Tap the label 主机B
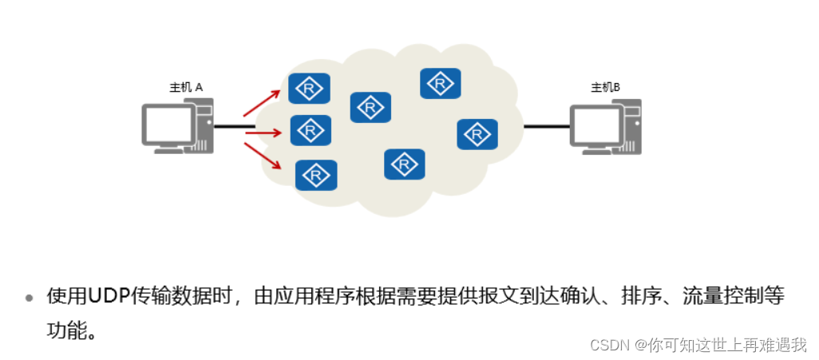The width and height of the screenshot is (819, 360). pos(605,87)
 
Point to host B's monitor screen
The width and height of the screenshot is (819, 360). pos(595,125)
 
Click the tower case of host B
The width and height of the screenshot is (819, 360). pos(631,126)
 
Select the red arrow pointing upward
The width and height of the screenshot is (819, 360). pos(261,104)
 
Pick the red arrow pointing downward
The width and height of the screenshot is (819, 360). pos(263,155)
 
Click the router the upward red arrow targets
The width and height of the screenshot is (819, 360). pos(309,88)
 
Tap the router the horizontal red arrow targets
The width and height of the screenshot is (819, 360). pos(311,129)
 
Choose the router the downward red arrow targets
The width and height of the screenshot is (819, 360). pos(316,174)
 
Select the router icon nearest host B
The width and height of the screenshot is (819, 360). pos(477,134)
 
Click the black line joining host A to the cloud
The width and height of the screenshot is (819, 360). pos(233,126)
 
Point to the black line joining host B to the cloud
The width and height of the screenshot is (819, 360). pos(547,126)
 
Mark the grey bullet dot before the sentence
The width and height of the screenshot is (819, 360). pos(30,299)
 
